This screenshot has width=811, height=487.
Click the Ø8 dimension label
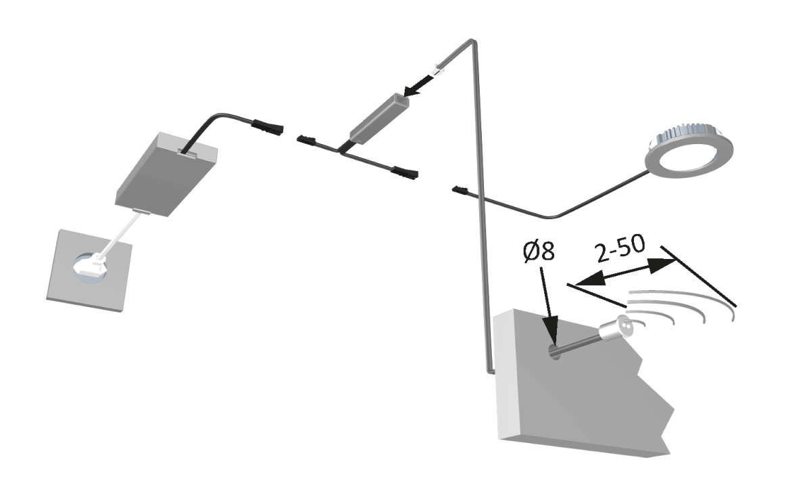[539, 252]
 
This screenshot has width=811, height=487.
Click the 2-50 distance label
[620, 250]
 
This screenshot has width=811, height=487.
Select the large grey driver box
[167, 174]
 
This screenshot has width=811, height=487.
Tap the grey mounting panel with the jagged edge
[574, 399]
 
